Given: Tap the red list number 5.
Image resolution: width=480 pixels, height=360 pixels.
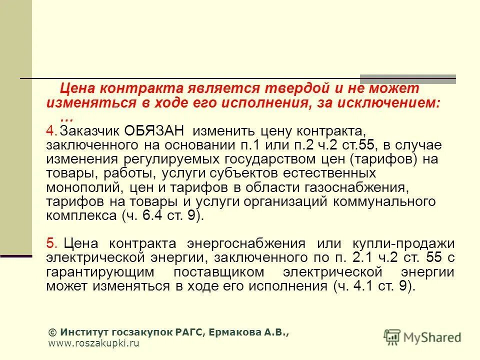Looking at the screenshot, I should (x=52, y=243).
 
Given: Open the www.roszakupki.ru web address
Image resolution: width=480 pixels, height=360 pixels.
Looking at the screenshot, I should (x=93, y=343).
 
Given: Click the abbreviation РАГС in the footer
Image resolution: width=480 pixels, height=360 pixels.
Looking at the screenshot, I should (x=187, y=332).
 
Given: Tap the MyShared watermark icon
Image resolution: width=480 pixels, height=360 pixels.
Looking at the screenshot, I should (x=392, y=337).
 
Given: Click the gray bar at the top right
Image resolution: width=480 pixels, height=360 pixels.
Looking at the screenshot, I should (x=408, y=78).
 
